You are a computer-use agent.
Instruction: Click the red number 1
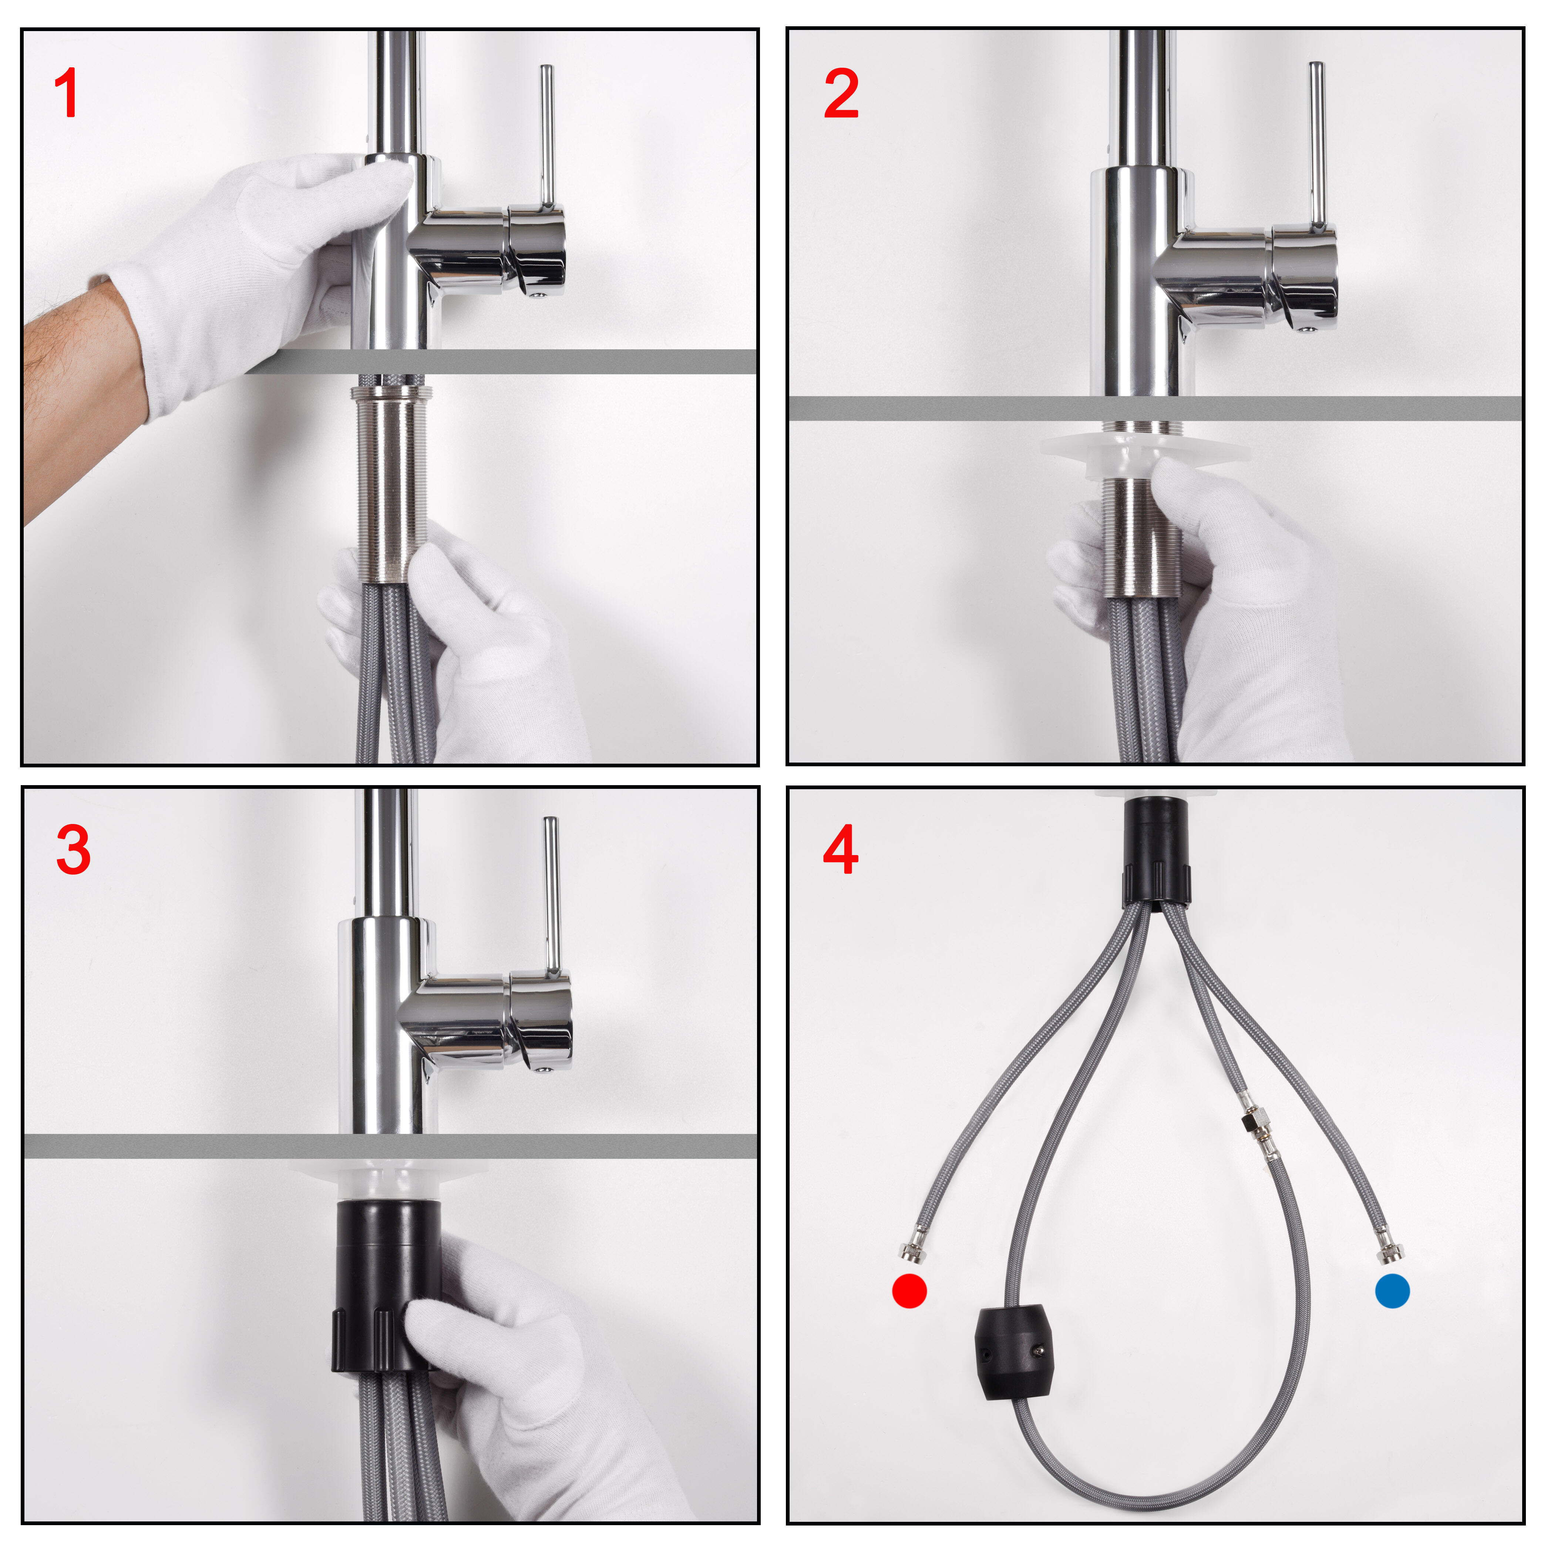(66, 92)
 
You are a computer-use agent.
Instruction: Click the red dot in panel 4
(910, 1291)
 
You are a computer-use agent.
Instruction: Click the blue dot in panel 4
(1392, 1291)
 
